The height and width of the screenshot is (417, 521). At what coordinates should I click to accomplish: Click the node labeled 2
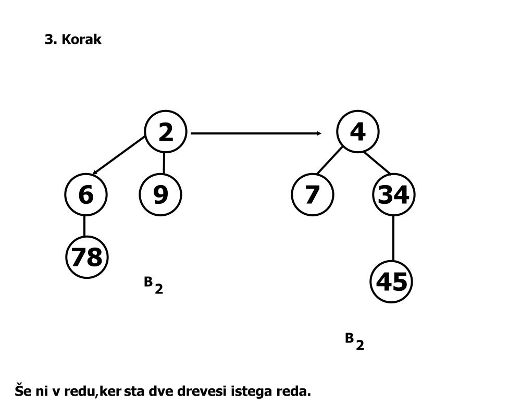165,132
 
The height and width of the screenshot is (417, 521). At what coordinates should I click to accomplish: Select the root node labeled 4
357,132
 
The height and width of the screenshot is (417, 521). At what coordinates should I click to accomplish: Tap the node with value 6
85,194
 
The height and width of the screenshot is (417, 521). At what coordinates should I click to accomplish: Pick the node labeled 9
161,194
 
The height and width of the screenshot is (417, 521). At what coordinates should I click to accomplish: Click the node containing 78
87,257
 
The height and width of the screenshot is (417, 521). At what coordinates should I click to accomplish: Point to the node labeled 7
312,194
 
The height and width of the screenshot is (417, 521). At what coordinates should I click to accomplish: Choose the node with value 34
393,194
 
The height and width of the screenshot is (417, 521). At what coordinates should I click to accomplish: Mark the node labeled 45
391,282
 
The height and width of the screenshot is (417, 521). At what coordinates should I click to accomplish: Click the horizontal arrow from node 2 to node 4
255,133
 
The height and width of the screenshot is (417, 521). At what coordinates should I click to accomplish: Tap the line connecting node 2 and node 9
164,163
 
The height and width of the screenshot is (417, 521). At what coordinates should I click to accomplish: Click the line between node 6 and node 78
84,225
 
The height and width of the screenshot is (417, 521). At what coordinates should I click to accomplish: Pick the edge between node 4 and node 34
377,162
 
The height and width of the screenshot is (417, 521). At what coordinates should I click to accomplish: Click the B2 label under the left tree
153,285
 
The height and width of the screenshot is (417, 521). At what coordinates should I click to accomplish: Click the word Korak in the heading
81,40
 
